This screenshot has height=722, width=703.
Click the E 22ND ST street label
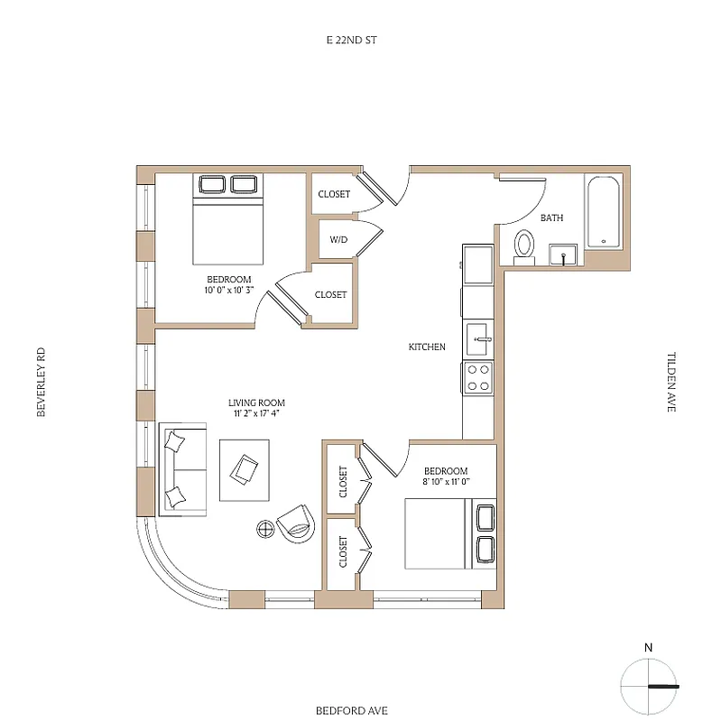[351, 41]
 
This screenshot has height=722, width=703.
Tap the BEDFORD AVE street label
[351, 710]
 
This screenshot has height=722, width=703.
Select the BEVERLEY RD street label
[41, 383]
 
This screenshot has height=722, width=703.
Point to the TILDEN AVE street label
[671, 383]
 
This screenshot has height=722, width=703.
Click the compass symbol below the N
[648, 686]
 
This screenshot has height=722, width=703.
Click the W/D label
[338, 240]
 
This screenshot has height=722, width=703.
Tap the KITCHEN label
[427, 347]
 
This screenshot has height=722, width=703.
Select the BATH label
[551, 218]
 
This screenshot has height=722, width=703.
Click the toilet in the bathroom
[524, 246]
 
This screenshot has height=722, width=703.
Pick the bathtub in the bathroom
[602, 213]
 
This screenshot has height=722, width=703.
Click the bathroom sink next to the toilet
[564, 255]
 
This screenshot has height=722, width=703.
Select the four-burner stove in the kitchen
[478, 377]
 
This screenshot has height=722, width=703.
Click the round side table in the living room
[265, 528]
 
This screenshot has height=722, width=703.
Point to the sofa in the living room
[183, 468]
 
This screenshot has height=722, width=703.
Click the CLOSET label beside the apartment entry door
[334, 194]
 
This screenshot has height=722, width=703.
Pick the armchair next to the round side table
[296, 522]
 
